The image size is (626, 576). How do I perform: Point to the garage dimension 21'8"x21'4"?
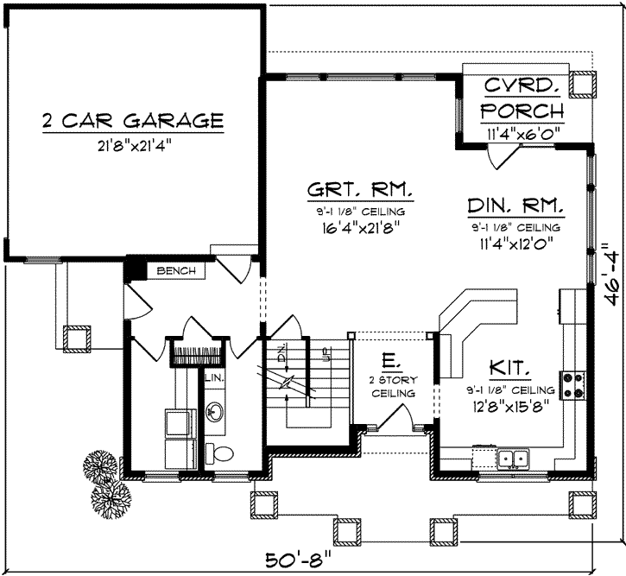click(133, 145)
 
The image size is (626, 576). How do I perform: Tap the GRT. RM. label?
click(360, 190)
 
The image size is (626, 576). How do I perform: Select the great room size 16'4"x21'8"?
click(360, 228)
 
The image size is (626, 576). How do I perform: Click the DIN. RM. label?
click(516, 206)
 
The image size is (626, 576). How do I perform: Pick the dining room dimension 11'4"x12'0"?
click(516, 243)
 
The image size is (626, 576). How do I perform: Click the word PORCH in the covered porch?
click(522, 111)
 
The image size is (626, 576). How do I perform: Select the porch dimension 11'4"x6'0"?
click(522, 134)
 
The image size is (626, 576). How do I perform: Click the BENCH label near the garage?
click(176, 271)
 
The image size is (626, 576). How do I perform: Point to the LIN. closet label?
click(213, 377)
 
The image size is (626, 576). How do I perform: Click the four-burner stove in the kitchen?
click(572, 385)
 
